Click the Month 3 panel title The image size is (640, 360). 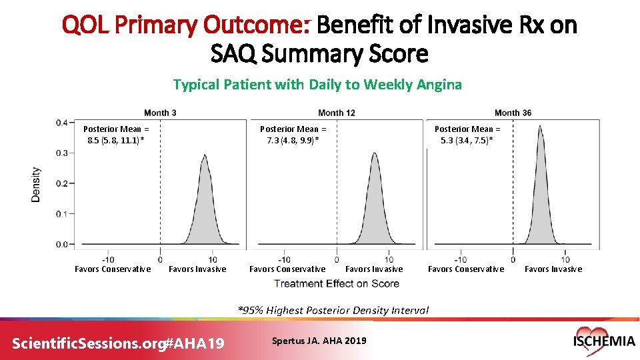(x=160, y=113)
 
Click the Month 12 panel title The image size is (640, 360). (x=336, y=113)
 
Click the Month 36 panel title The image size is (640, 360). (x=513, y=113)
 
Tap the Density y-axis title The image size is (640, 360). (x=36, y=184)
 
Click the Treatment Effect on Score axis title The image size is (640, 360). (x=337, y=283)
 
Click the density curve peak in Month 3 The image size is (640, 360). (x=204, y=155)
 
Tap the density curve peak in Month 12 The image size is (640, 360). (x=375, y=154)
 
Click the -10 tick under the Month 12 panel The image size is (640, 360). (x=283, y=259)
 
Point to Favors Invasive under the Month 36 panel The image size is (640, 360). (x=553, y=269)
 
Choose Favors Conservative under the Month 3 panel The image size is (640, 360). (x=113, y=269)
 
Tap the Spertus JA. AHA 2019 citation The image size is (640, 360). (x=319, y=341)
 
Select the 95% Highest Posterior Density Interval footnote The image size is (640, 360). (x=333, y=310)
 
